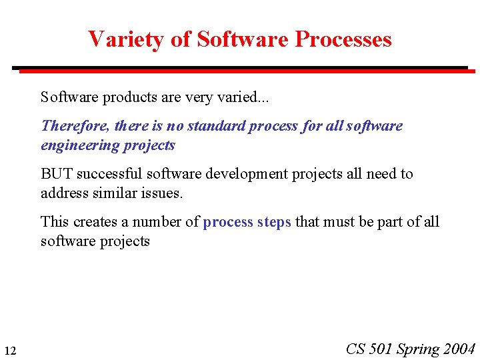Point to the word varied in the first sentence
[241, 97]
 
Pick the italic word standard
[215, 126]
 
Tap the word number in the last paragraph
[156, 221]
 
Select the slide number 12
[10, 351]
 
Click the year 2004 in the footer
[459, 349]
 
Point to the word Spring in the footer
[419, 349]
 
